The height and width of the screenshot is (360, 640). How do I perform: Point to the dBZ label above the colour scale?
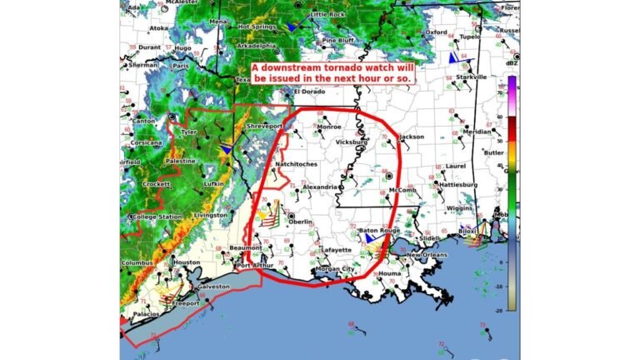pyautogui.click(x=511, y=64)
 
